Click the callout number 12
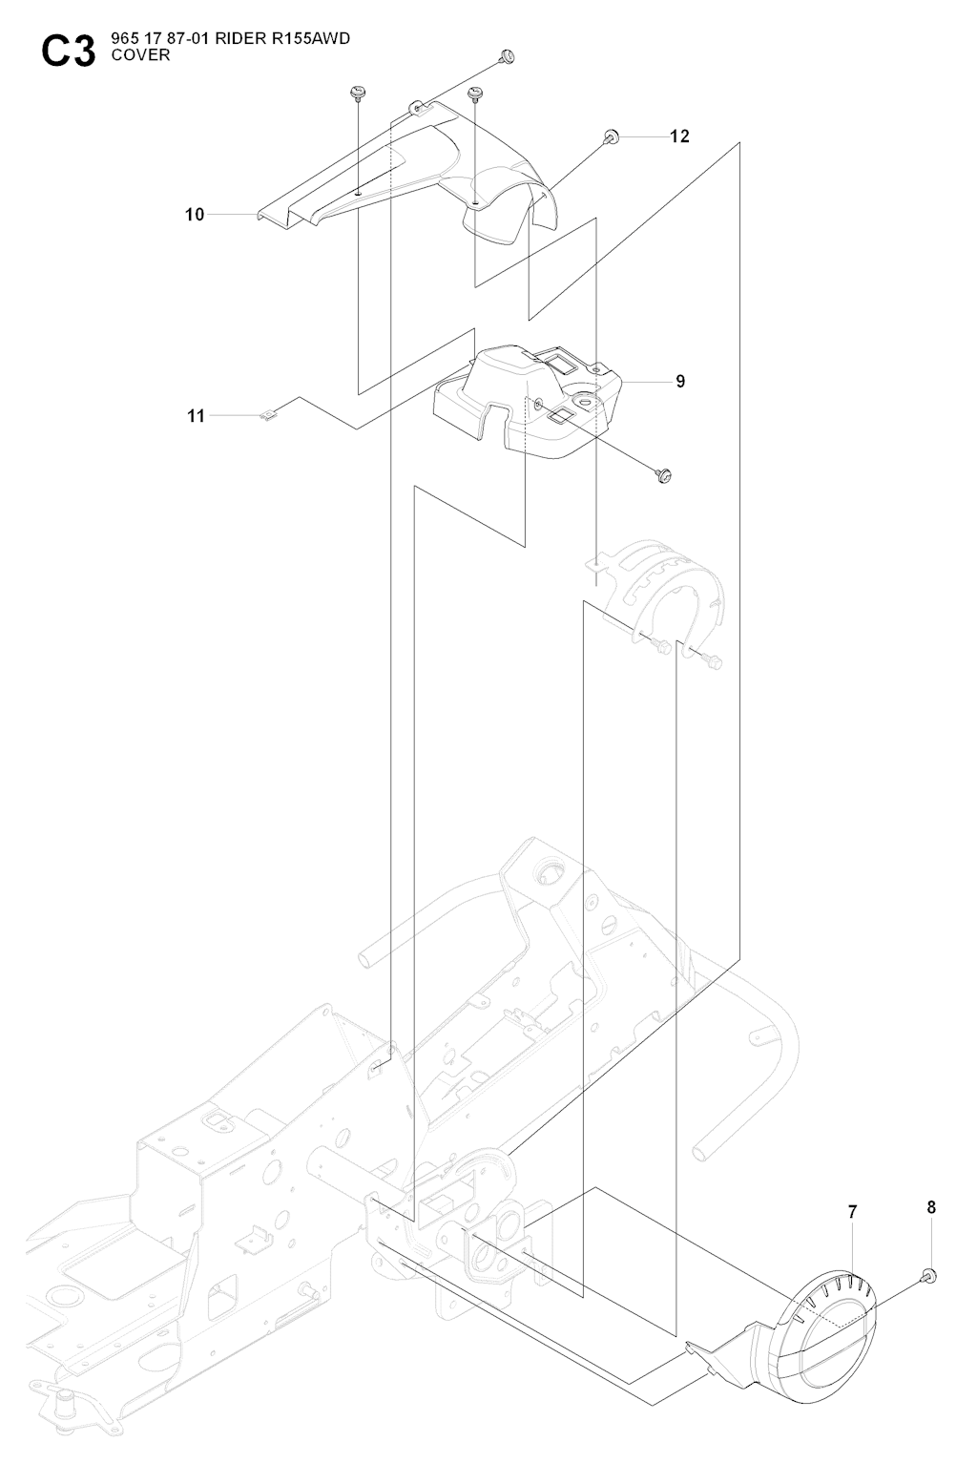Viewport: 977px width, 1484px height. point(678,136)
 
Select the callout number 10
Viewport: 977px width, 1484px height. point(195,215)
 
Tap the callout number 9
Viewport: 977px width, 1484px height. point(680,382)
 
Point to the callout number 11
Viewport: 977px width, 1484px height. point(196,416)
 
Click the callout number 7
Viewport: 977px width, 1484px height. point(852,1212)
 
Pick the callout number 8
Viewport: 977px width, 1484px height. point(931,1206)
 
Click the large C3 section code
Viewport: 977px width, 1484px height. point(68,52)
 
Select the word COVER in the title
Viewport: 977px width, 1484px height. point(140,55)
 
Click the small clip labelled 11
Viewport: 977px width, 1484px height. point(269,415)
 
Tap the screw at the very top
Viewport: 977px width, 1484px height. point(508,57)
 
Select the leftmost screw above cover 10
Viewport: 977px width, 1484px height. point(358,92)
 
